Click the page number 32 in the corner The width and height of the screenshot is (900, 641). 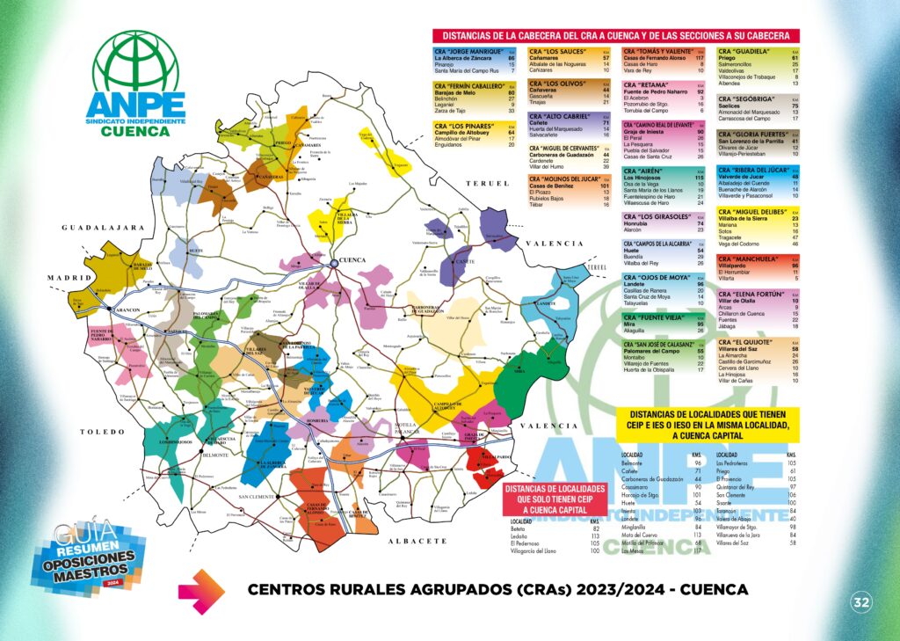point(860,602)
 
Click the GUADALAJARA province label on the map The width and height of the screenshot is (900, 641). point(102,228)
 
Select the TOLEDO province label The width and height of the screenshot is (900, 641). point(98,432)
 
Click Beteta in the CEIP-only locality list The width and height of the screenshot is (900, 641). point(519,528)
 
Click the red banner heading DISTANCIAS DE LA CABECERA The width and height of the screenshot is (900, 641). point(616,36)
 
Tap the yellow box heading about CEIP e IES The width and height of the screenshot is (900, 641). point(707,423)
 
